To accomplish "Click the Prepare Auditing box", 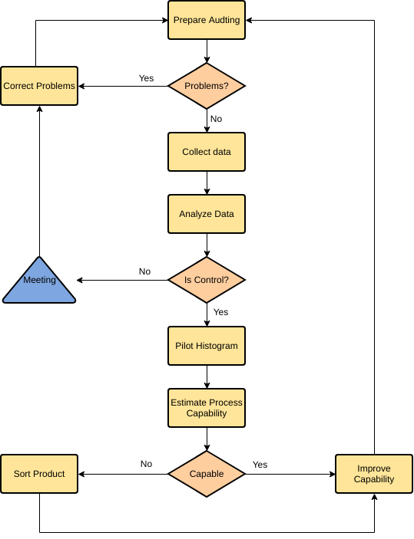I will point(207,20).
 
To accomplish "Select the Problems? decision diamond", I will point(207,86).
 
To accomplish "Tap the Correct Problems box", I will point(39,86).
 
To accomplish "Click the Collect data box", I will point(207,152).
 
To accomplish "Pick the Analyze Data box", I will point(207,214).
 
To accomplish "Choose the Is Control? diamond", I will point(207,280).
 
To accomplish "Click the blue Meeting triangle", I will point(39,283).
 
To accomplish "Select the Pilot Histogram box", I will point(207,346).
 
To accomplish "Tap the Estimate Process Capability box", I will point(207,408).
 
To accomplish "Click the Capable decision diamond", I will point(207,474).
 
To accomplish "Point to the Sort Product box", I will point(39,474).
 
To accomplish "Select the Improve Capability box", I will point(374,474).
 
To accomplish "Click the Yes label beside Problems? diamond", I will point(146,78).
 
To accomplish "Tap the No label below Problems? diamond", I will point(216,119).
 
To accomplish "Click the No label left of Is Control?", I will point(144,271).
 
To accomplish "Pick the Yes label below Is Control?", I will point(220,312).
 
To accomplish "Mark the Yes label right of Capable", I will point(260,465).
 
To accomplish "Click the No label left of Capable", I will point(146,464).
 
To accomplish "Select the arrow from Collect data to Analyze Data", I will point(207,182).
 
